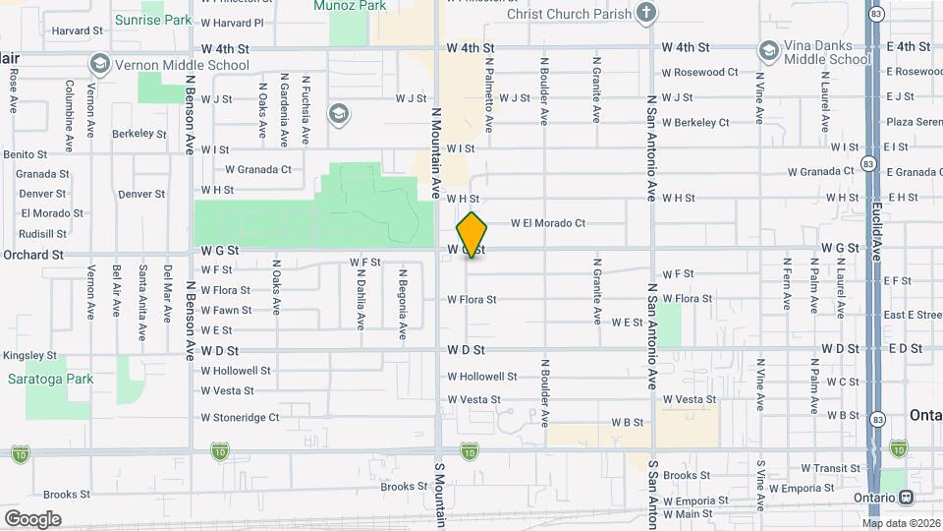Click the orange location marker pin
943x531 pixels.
pyautogui.click(x=472, y=235)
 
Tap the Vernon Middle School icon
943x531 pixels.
pyautogui.click(x=98, y=64)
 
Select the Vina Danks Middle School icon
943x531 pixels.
pyautogui.click(x=768, y=50)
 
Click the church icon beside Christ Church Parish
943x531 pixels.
pyautogui.click(x=645, y=13)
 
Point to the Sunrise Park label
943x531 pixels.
pyautogui.click(x=152, y=19)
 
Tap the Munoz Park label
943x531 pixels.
pyautogui.click(x=348, y=5)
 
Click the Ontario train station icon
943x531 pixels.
pyautogui.click(x=910, y=497)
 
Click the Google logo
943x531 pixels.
pyautogui.click(x=32, y=518)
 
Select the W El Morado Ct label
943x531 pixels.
pyautogui.click(x=547, y=223)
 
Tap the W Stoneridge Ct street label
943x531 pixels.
pyautogui.click(x=240, y=417)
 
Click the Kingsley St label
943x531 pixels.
pyautogui.click(x=29, y=355)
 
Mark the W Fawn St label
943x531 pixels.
pyautogui.click(x=226, y=310)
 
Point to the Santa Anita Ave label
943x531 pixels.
pyautogui.click(x=142, y=289)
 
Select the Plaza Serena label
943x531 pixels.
pyautogui.click(x=914, y=121)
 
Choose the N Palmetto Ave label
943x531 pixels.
pyautogui.click(x=488, y=94)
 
